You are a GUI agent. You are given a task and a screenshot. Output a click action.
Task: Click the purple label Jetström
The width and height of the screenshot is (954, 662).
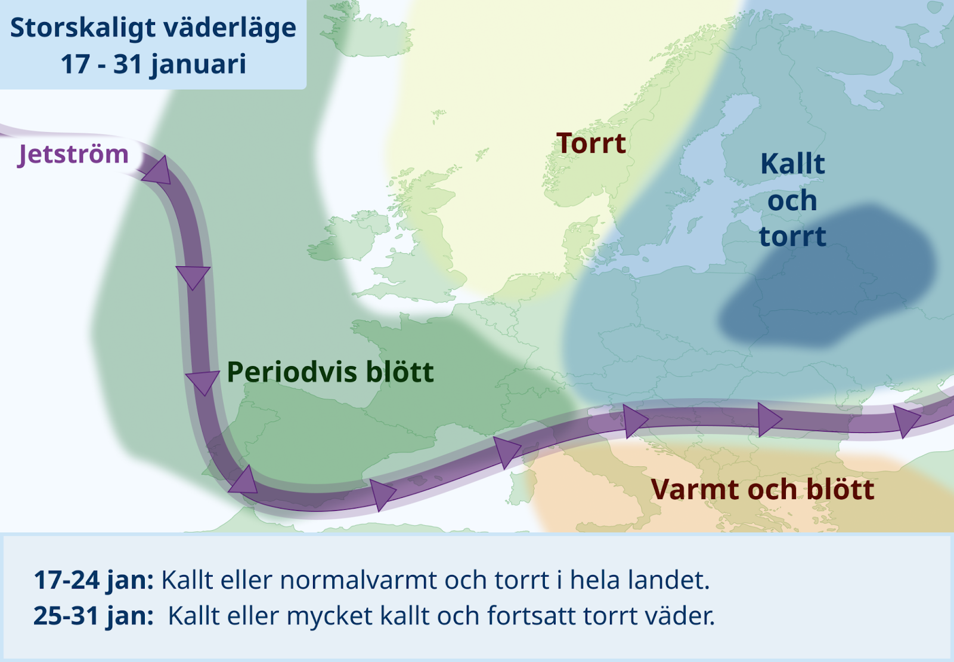73,155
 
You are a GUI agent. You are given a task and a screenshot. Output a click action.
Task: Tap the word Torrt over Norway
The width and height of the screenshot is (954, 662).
591,143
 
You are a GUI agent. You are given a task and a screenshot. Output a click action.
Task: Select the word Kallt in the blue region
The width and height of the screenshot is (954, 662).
792,164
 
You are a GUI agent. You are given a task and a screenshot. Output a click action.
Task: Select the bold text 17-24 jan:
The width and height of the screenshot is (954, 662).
94,581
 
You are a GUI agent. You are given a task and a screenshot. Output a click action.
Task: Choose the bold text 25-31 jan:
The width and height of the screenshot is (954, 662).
94,616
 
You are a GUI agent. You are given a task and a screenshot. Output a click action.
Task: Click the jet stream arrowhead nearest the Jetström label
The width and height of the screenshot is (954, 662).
157,171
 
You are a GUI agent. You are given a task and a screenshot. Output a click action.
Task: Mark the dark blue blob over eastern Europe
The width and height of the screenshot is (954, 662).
826,277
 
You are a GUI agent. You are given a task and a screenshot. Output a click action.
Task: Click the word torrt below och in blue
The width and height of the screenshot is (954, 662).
792,236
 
